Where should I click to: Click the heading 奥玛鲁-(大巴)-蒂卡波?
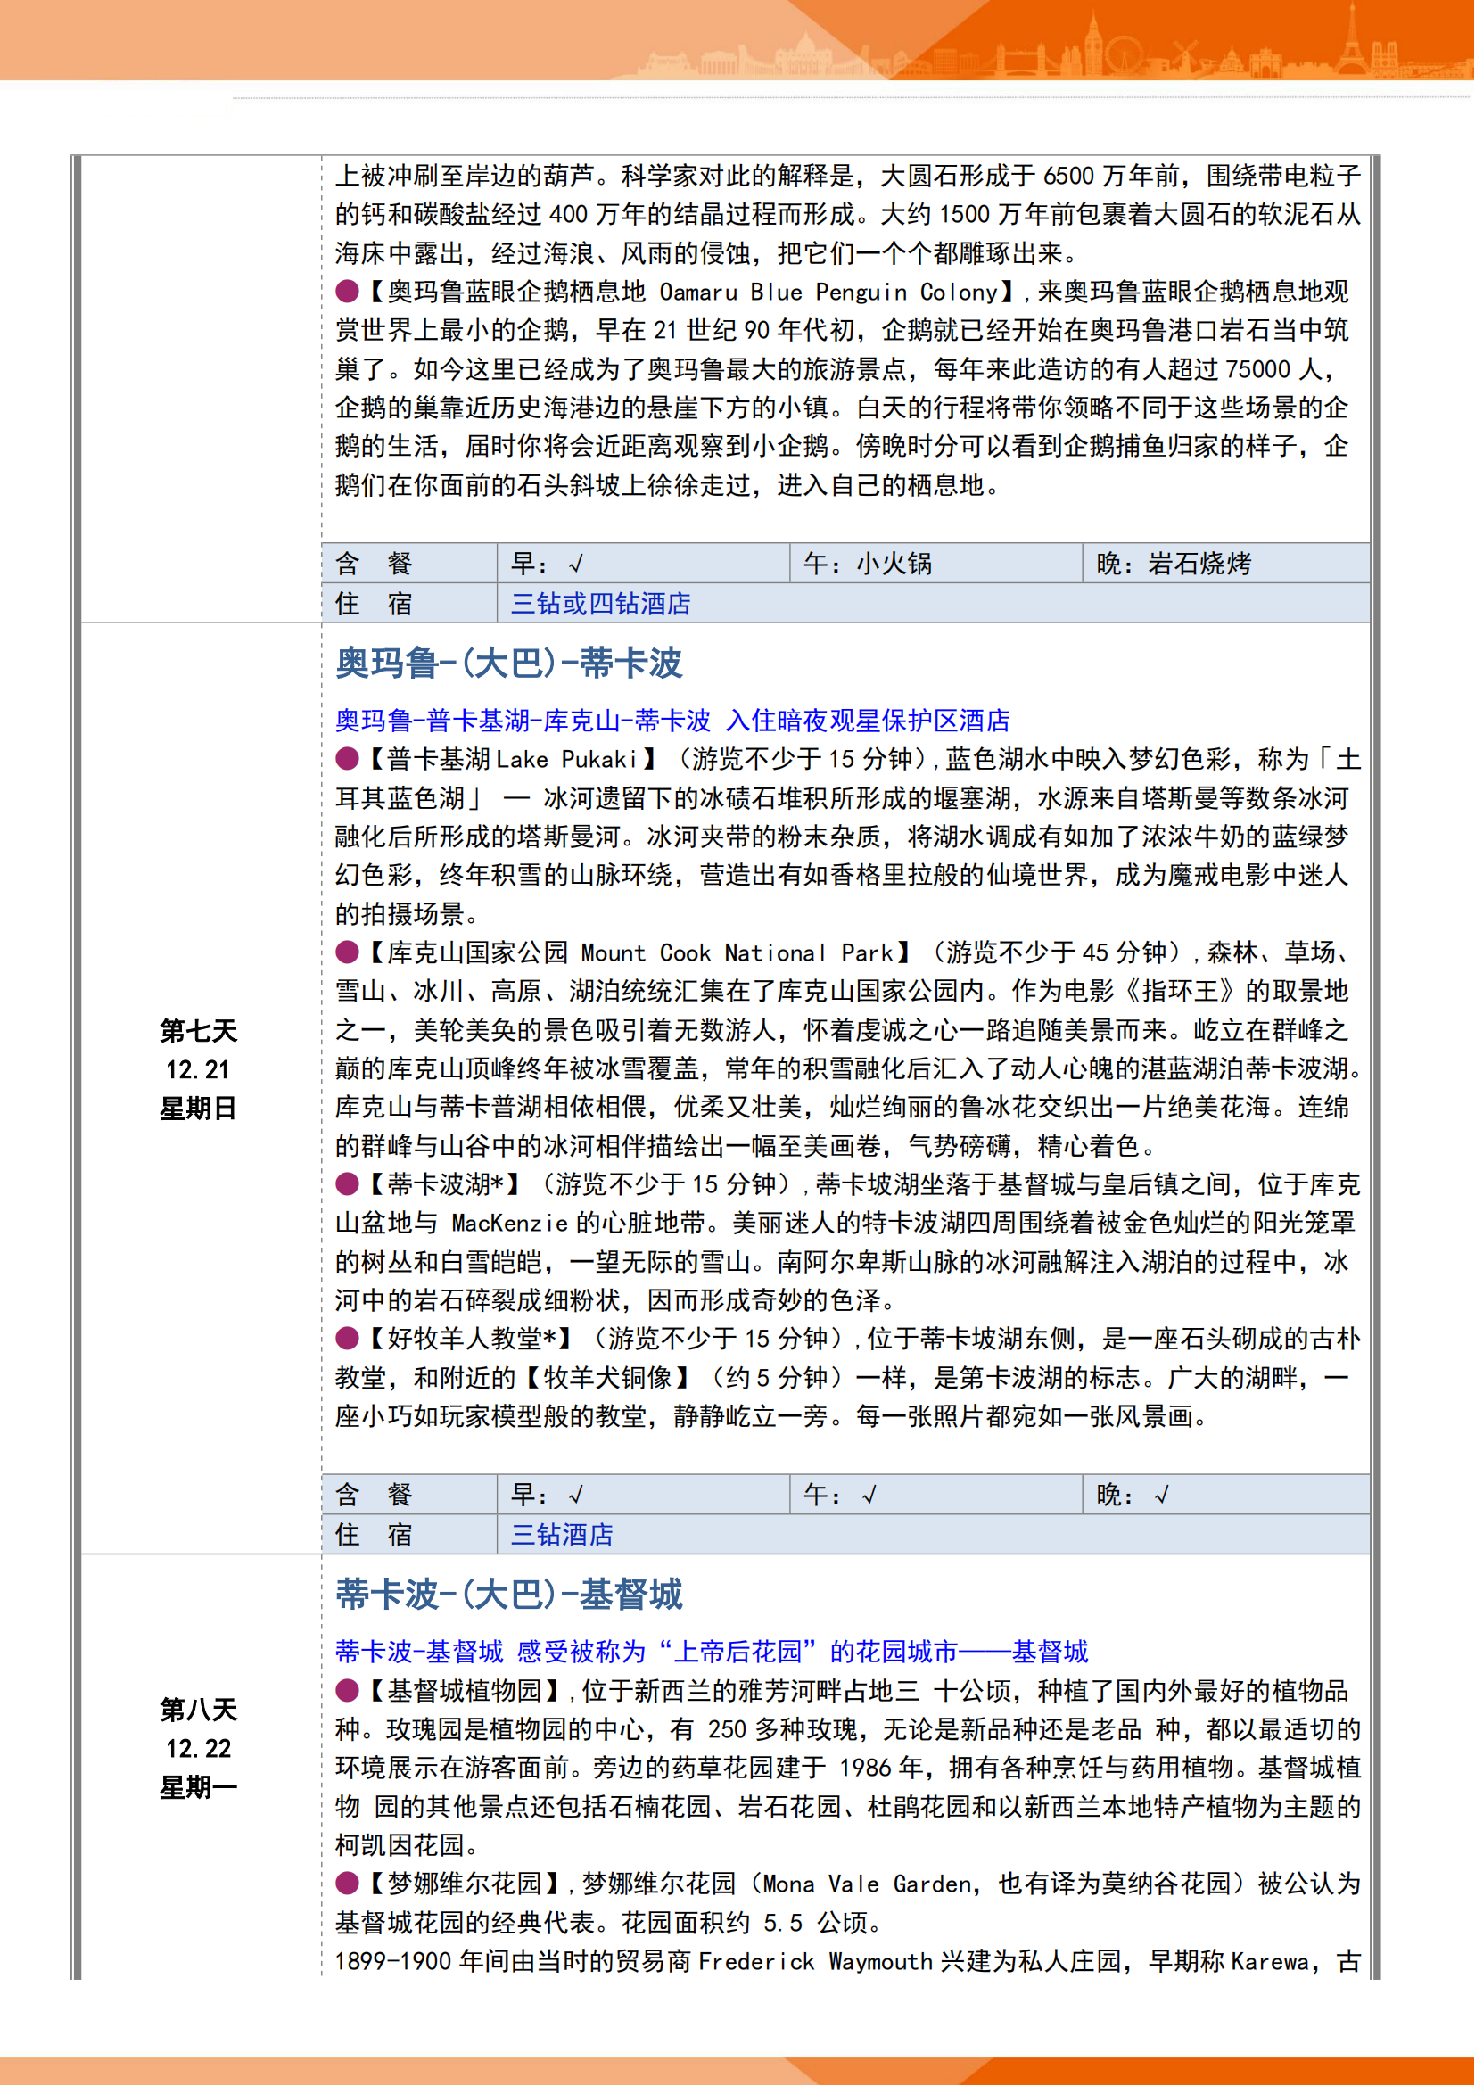508,664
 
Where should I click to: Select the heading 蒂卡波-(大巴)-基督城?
508,1595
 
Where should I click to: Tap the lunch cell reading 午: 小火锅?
868,565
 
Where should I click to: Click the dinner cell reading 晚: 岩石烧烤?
1174,565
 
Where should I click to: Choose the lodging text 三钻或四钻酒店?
600,604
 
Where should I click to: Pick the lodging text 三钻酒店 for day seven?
561,1536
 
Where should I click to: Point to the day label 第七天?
198,1031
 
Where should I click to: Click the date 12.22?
198,1749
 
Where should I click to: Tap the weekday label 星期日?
198,1109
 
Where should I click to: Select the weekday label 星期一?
198,1788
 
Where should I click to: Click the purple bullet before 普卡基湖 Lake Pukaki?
347,759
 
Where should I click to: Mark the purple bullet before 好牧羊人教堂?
347,1339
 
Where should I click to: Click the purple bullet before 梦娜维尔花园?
347,1884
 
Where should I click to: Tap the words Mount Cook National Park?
737,953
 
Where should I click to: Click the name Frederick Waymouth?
816,1961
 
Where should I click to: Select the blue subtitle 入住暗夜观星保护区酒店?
869,721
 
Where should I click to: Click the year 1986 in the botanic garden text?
865,1768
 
